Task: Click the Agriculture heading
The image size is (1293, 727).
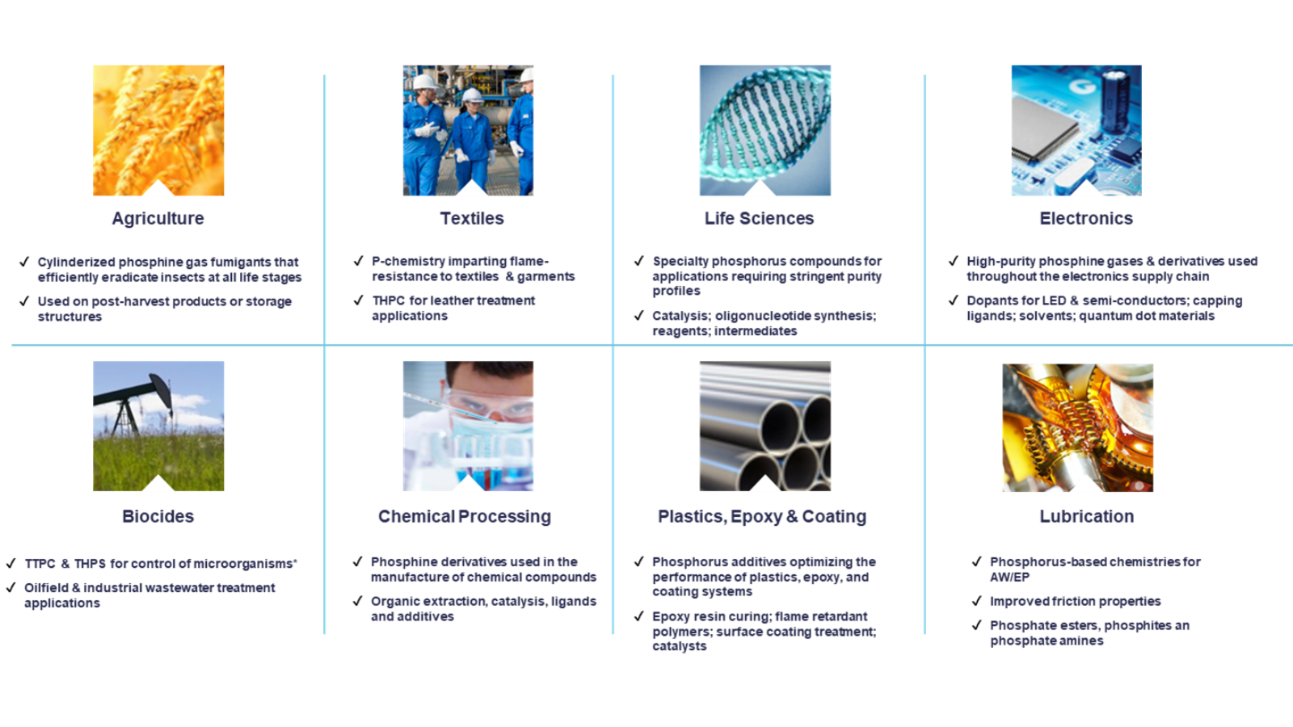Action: [158, 218]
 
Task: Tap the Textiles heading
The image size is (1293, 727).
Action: [472, 218]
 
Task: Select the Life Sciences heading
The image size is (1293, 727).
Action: [759, 218]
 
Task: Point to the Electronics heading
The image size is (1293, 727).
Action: [1086, 218]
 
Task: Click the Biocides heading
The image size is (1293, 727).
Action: [158, 516]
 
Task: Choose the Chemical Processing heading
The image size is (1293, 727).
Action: [465, 516]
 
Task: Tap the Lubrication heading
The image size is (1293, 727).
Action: [1087, 516]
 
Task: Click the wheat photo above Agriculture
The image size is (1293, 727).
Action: [158, 130]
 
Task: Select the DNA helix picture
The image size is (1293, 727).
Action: [764, 130]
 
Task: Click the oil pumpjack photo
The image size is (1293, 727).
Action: [158, 426]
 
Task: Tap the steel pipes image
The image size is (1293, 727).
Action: [764, 426]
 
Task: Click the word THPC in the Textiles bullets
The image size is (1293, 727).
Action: [389, 300]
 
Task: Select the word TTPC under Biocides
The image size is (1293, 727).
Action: [40, 564]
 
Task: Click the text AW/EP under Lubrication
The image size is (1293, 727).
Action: [1009, 577]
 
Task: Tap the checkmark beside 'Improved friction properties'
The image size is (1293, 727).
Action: [976, 601]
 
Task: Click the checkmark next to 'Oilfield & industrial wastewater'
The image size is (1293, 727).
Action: [11, 587]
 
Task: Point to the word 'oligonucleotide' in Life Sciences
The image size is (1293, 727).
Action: [763, 316]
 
